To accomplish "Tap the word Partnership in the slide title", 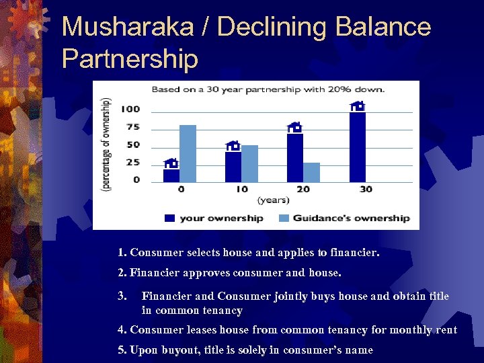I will (x=129, y=59).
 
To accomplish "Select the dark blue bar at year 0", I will (x=171, y=175).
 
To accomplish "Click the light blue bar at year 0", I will (x=188, y=153).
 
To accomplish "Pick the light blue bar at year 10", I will (x=249, y=163).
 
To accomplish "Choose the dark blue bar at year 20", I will (x=294, y=157).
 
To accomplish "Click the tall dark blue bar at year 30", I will (x=358, y=147).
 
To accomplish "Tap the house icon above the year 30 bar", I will (x=358, y=106).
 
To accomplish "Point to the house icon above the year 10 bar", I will (x=233, y=146).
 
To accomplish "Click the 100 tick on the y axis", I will (x=130, y=110).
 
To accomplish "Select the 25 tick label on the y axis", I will (x=132, y=162).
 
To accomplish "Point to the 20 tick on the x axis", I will (x=303, y=189).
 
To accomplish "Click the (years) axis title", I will (x=273, y=200).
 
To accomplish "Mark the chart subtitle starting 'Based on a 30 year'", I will (x=268, y=89).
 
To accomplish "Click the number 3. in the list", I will (x=122, y=296).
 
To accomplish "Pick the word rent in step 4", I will (x=446, y=329).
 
